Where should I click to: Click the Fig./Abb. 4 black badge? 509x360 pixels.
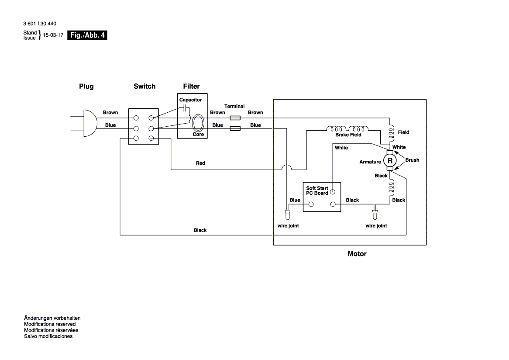(87, 35)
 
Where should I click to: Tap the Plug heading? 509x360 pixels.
(86, 87)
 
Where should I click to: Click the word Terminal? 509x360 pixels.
(234, 106)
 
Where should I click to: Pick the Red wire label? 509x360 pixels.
(200, 163)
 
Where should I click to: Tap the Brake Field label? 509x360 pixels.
(348, 135)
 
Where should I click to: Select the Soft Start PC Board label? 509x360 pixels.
(317, 190)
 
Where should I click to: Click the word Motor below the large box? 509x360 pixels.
(357, 254)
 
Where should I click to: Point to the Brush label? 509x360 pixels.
(412, 160)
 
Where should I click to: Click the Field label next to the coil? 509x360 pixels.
(404, 132)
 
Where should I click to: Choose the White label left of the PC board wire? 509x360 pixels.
(341, 148)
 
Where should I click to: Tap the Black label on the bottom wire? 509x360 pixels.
(200, 230)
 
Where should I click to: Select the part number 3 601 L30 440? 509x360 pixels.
(40, 24)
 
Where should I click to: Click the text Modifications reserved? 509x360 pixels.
(50, 324)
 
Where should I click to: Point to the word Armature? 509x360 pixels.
(370, 162)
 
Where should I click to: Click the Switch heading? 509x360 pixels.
(144, 87)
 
